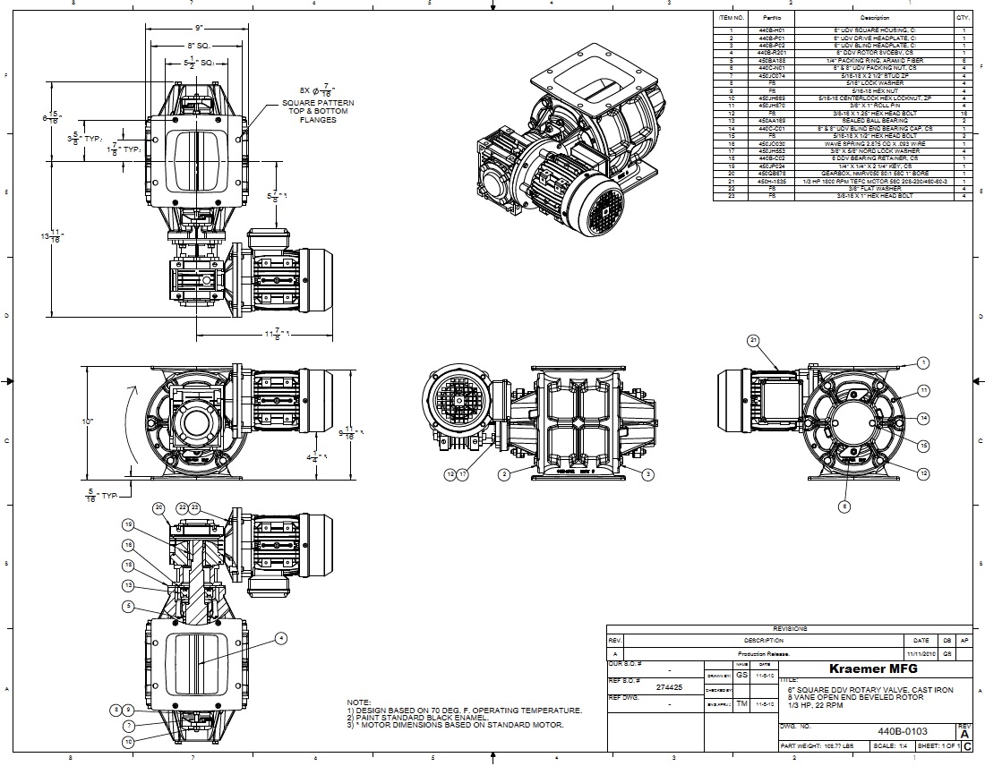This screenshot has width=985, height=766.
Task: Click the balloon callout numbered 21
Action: [x=753, y=340]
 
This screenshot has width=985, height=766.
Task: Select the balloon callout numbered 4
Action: [x=281, y=638]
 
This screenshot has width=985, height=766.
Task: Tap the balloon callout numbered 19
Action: [x=128, y=524]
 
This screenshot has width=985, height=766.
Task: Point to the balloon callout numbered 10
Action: [x=129, y=741]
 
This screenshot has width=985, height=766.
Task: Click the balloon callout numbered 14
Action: [x=923, y=418]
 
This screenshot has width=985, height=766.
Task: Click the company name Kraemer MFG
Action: [x=873, y=670]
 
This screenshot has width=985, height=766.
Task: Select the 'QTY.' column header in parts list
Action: [x=963, y=17]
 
